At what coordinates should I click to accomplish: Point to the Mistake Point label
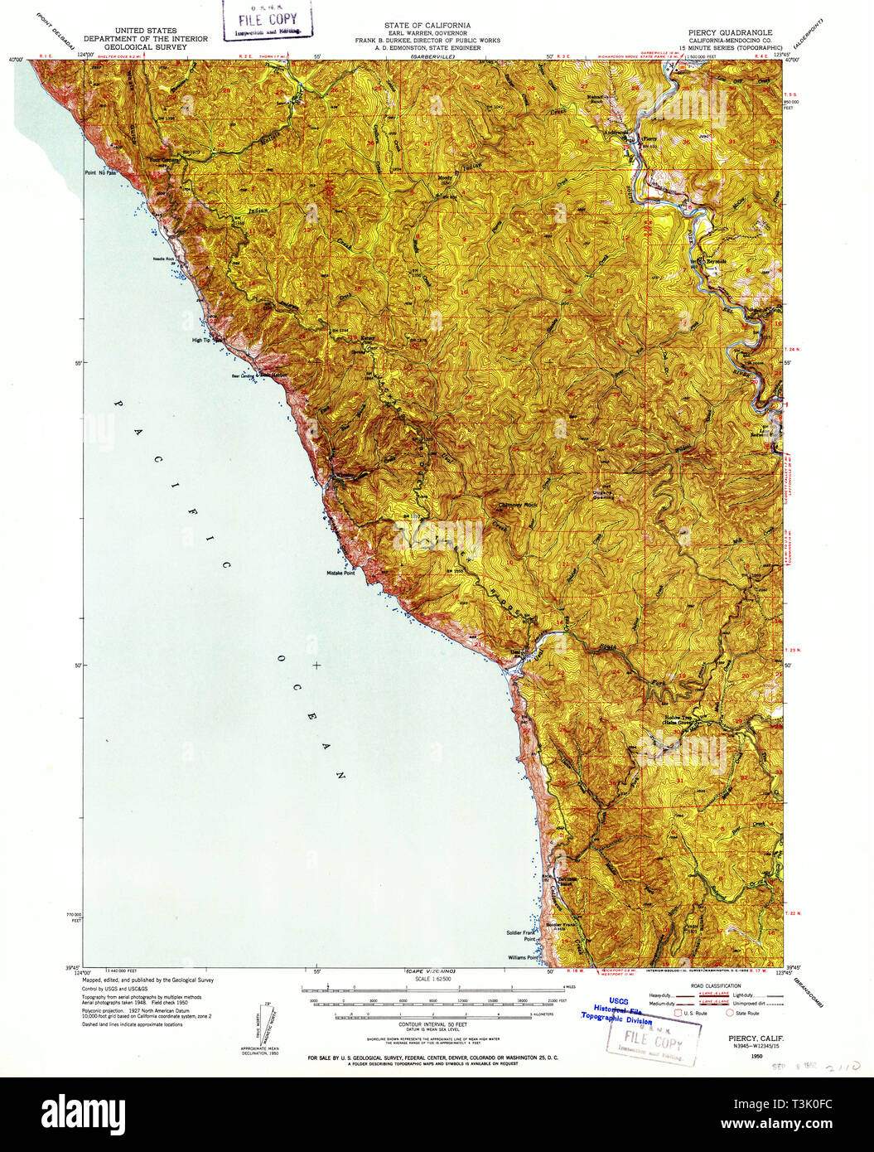[340, 573]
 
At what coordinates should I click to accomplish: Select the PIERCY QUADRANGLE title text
[730, 32]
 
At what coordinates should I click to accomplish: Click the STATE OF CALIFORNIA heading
[427, 26]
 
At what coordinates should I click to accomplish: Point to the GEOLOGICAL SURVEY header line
[146, 47]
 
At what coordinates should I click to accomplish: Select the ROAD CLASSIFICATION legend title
[706, 985]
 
